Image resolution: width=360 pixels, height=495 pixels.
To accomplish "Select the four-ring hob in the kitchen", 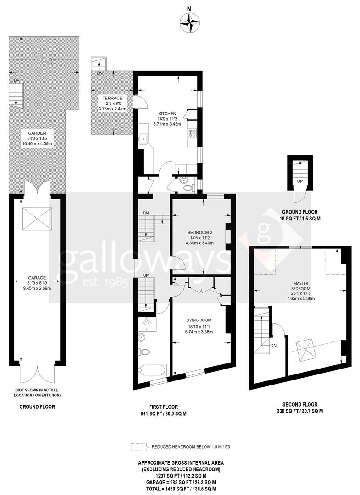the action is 192,133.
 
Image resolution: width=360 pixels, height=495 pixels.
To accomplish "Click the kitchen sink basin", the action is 144,138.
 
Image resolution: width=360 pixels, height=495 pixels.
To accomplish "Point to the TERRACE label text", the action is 112,98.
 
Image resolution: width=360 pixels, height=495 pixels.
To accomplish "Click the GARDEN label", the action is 37,133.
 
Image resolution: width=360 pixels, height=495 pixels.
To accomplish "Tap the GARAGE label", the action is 37,278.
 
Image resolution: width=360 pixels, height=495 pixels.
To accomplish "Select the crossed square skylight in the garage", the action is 37,219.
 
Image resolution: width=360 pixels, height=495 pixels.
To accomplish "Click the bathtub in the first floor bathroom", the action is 153,370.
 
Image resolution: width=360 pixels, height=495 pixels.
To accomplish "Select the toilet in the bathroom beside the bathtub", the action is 144,352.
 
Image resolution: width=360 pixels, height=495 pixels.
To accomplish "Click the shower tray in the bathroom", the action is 147,323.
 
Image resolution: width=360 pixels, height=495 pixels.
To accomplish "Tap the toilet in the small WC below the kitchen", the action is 188,188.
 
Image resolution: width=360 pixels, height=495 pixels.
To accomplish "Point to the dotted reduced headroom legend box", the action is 139,447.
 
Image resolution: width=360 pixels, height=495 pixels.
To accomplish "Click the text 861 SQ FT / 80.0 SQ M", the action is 163,413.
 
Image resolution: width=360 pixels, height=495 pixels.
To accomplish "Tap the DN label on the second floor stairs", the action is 273,346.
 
